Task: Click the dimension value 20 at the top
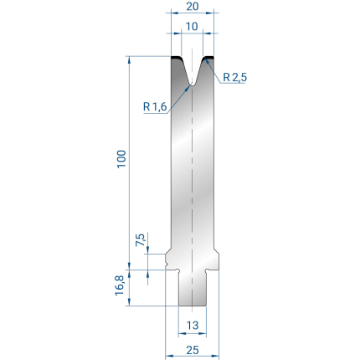(x=193, y=6)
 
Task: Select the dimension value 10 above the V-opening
(x=192, y=27)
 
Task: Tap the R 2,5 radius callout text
(x=235, y=77)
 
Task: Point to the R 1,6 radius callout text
(x=155, y=106)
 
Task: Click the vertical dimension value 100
(x=121, y=159)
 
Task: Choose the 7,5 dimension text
(x=141, y=239)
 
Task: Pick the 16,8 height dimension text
(x=120, y=285)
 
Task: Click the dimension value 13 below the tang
(x=193, y=325)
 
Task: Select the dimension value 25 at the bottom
(x=193, y=350)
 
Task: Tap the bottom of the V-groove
(x=192, y=84)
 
